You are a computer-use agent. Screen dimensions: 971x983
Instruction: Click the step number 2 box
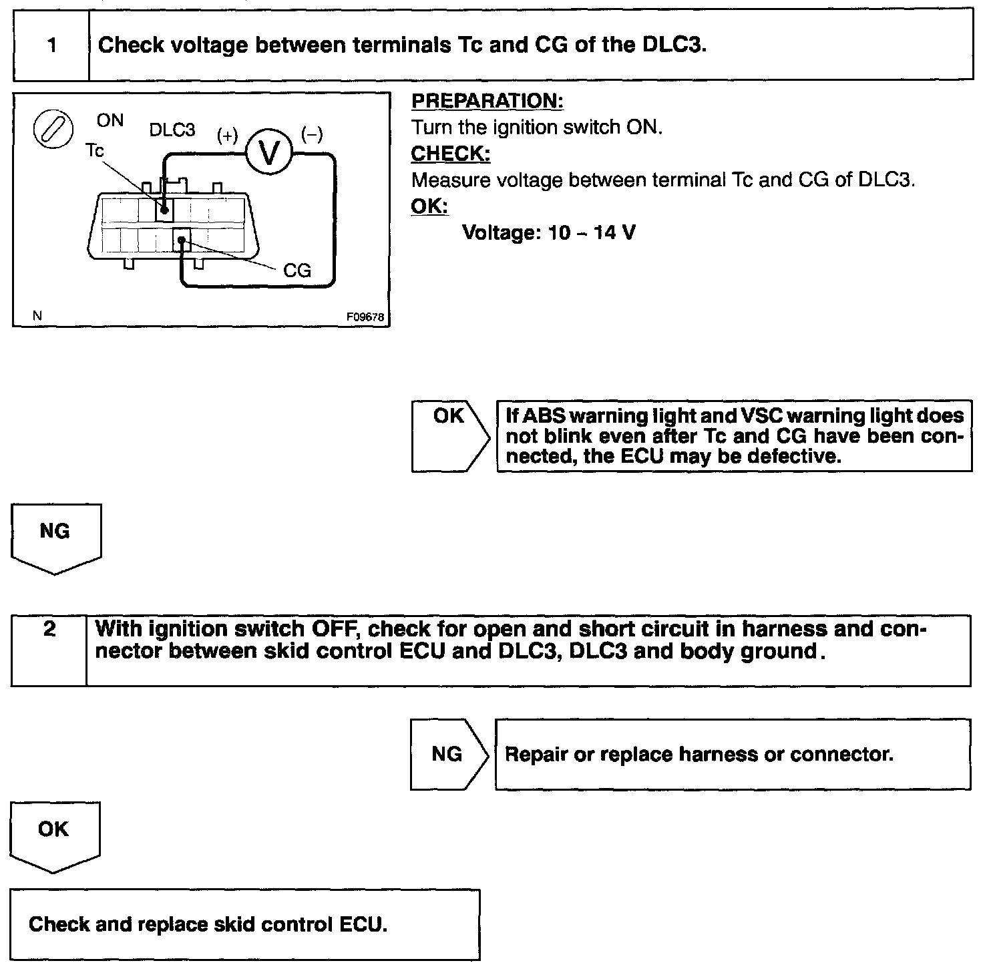pos(49,650)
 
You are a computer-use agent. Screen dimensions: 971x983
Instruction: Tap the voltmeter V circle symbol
pos(270,153)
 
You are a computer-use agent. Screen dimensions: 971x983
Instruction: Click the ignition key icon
pos(53,127)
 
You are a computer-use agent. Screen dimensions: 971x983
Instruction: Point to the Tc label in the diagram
pos(95,152)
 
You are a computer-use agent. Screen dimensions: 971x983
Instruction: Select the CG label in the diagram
pos(297,270)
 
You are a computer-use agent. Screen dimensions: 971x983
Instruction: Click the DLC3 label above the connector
pos(172,130)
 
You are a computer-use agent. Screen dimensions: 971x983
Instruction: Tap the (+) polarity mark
pos(227,136)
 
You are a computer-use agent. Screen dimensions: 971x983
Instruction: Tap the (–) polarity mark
pos(312,135)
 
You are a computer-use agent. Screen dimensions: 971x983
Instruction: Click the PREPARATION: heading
pos(487,102)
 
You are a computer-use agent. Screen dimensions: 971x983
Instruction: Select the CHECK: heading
pos(451,154)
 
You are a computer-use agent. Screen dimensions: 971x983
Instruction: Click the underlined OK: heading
pos(429,206)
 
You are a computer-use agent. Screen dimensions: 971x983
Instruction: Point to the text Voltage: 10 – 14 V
pos(549,233)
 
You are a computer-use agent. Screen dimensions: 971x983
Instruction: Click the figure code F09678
pos(365,318)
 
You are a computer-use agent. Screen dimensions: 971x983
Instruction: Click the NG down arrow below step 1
pos(56,537)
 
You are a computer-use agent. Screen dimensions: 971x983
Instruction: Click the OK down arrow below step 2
pos(55,835)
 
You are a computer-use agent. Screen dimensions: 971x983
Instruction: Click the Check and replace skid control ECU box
pos(245,924)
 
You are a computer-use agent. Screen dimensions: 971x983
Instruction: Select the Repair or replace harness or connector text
pos(699,755)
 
